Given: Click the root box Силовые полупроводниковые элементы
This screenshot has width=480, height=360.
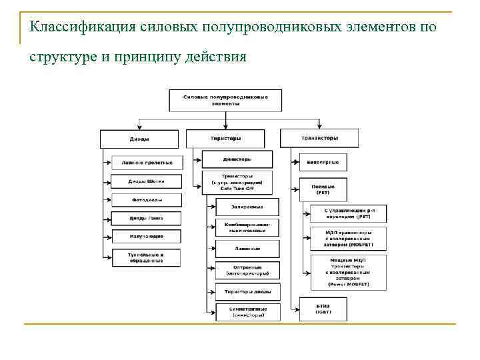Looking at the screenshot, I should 225,101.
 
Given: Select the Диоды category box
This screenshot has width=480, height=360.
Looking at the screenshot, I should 139,139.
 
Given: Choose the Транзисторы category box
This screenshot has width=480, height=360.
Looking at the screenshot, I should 319,138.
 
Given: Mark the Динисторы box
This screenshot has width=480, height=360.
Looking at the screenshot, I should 237,159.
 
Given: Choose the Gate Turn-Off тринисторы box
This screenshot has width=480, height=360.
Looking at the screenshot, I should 237,183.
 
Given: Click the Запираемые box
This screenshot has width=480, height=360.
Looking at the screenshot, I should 247,207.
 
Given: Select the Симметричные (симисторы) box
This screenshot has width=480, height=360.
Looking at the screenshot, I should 247,312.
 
